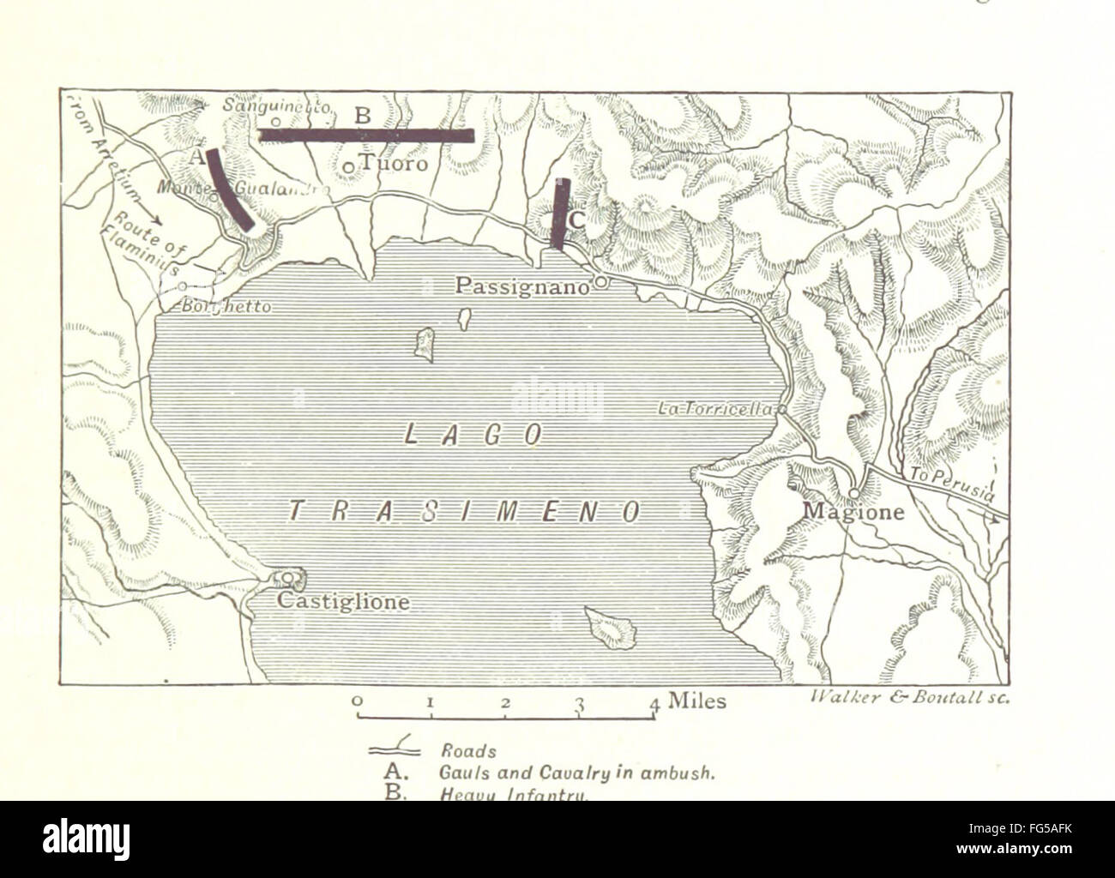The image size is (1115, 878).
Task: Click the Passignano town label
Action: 523,286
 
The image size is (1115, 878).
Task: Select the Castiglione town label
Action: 343,603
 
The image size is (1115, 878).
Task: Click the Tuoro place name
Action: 393,163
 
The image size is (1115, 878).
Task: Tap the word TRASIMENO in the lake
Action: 463,512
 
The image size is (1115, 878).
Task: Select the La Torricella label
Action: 716,410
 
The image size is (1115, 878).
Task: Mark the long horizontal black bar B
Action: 366,135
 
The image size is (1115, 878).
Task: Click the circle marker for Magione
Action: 855,492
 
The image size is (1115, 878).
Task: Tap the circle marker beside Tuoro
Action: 349,166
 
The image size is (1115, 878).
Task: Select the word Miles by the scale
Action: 696,701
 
